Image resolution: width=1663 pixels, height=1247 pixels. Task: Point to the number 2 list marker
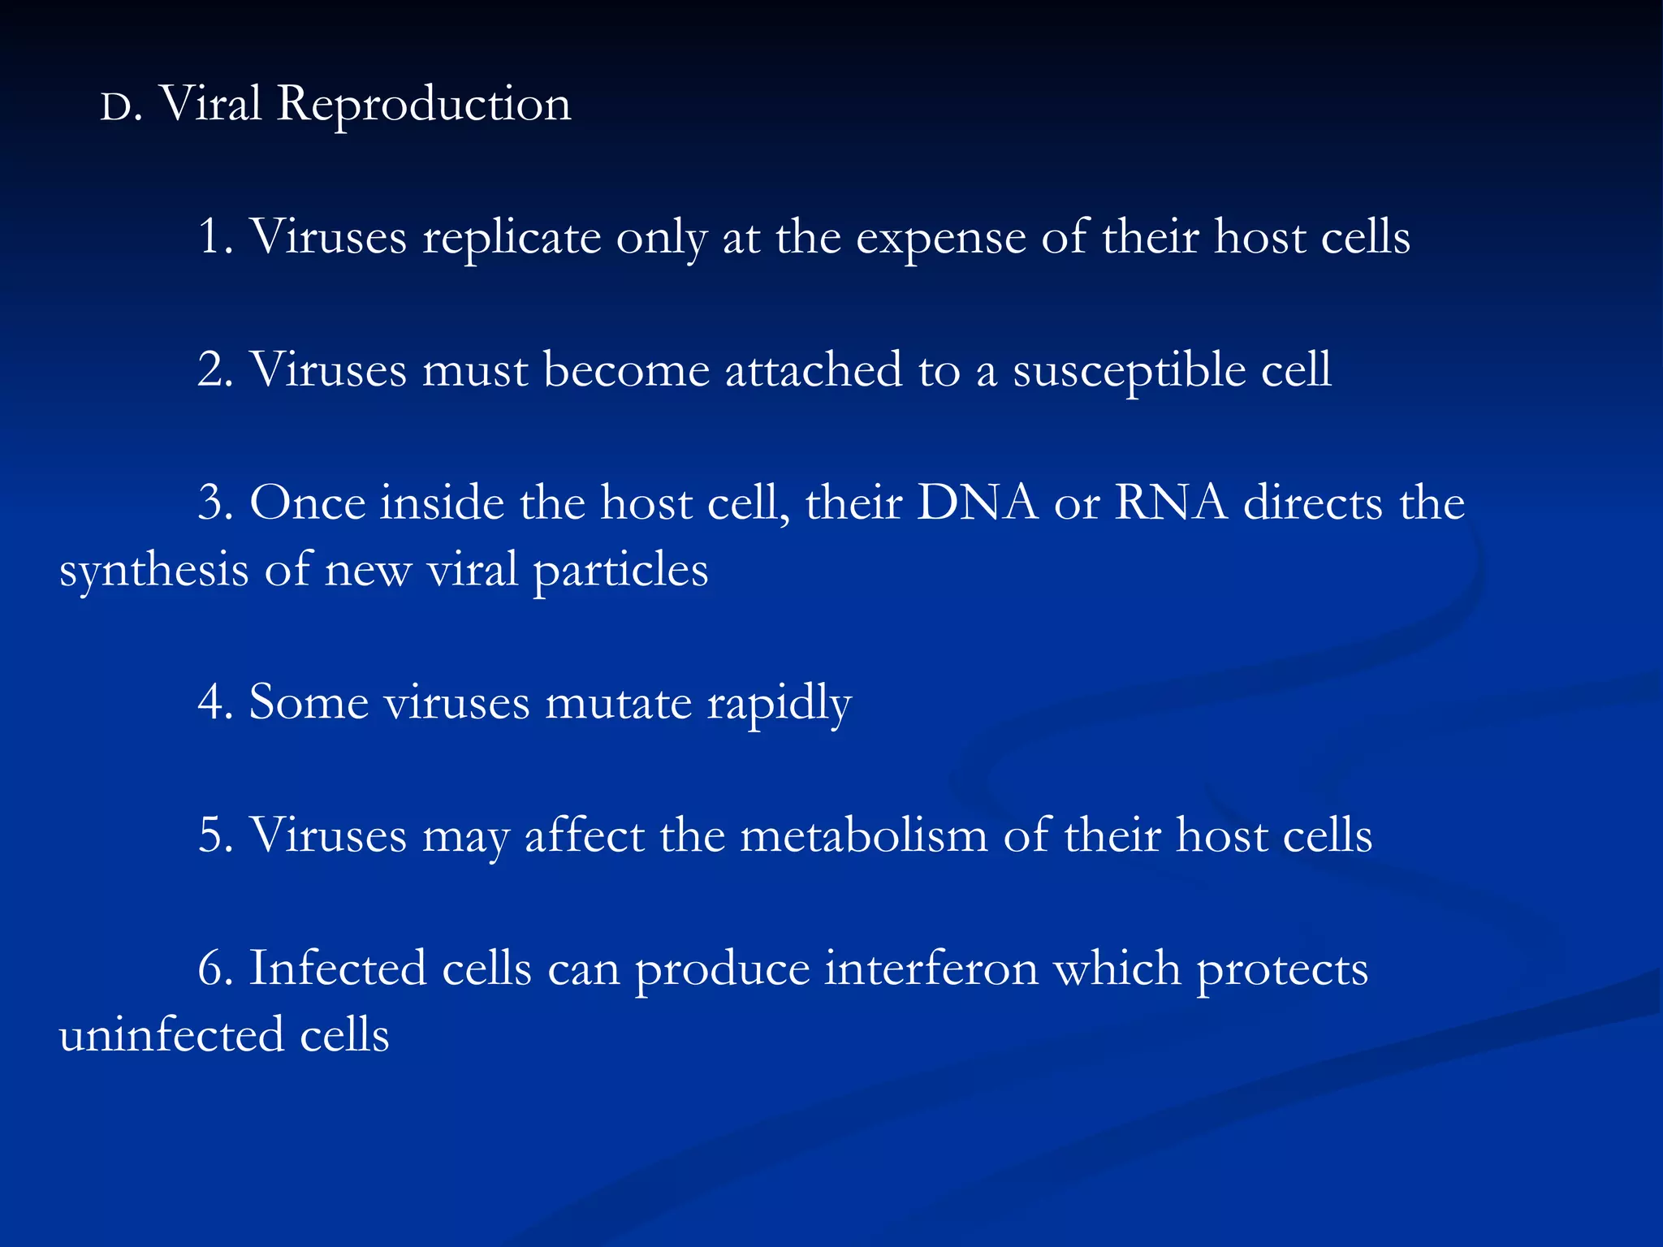pos(212,370)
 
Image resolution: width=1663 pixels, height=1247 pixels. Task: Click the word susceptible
pos(1129,372)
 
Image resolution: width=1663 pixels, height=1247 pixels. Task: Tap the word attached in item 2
pos(813,370)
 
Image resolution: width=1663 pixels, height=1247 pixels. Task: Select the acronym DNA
pos(978,503)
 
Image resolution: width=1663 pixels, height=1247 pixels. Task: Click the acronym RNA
pos(1171,503)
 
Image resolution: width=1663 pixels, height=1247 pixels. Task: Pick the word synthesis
pos(153,571)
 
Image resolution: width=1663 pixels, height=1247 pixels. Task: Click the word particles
pos(620,571)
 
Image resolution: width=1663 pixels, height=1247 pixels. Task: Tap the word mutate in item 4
pos(618,702)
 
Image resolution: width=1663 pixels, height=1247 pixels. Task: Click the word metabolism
pos(864,835)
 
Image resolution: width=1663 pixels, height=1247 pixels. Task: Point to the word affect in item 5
pos(585,835)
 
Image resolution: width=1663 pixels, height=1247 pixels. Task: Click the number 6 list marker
pos(212,969)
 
